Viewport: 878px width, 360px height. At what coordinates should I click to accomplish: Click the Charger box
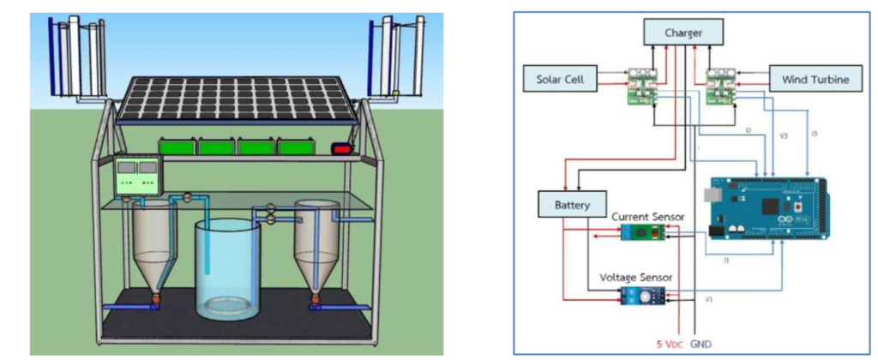point(683,34)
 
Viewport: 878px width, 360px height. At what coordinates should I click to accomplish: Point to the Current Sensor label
point(648,218)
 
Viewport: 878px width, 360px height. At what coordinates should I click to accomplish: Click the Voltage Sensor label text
point(647,277)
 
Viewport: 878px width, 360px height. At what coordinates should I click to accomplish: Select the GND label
point(701,343)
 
